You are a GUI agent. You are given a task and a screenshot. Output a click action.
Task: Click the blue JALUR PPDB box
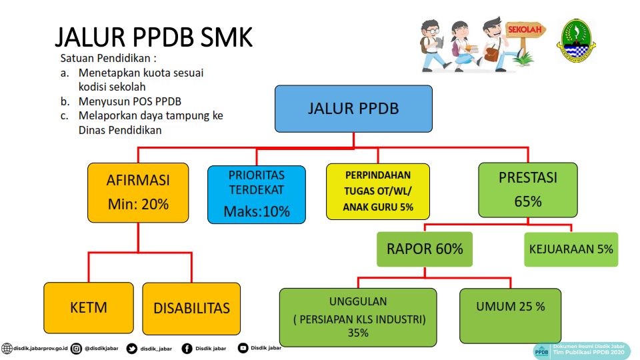point(353,109)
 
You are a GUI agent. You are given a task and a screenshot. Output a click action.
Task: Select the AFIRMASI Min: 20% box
point(138,193)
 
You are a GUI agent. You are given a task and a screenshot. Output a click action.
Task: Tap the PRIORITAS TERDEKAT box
point(256,195)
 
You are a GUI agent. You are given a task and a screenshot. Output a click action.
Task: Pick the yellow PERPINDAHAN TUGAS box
point(378,191)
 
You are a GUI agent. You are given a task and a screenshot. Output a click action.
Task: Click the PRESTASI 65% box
point(528,190)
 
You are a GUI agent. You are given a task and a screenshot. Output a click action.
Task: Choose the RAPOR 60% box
point(425,249)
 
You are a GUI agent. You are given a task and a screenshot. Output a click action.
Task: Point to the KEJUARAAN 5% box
point(571,249)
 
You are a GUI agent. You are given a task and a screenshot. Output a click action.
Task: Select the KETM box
point(89,308)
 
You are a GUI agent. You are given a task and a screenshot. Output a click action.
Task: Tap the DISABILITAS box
point(191,308)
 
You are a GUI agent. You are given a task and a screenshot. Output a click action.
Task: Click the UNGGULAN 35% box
point(358,317)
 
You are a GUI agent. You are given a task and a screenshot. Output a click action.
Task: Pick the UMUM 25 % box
point(510,315)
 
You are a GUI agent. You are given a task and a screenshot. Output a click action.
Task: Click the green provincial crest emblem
point(576,41)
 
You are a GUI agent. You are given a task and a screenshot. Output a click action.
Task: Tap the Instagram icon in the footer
point(76,349)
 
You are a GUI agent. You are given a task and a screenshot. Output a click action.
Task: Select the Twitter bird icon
point(132,349)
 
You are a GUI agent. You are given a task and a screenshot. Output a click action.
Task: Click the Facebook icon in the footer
point(187,349)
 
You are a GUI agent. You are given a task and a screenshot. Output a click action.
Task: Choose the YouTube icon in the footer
point(243,348)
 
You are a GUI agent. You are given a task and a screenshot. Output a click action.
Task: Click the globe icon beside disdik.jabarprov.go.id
point(7,349)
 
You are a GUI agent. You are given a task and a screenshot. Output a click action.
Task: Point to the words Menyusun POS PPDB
point(130,101)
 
